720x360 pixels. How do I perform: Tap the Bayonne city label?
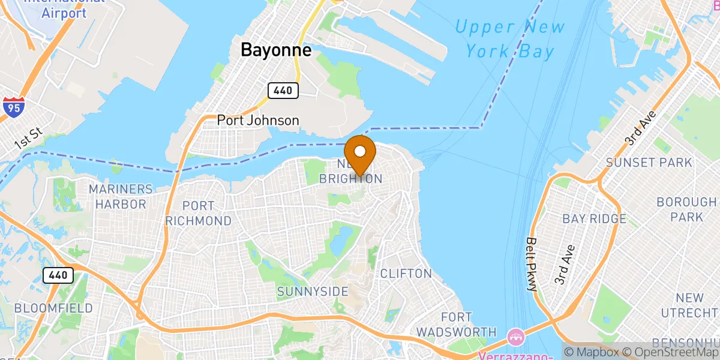point(276,50)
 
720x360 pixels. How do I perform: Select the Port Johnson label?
point(258,121)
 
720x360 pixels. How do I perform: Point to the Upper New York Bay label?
point(509,39)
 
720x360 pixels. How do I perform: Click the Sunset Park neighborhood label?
point(649,163)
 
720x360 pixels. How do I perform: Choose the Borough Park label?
point(688,209)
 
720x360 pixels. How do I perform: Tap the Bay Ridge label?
point(594,219)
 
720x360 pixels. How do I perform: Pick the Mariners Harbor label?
point(121,196)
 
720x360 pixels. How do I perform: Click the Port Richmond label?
point(198,213)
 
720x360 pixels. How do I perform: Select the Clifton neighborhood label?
point(406,274)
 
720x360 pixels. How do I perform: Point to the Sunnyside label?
point(313,292)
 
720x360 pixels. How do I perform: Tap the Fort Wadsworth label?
point(457,324)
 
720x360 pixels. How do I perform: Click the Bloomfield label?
point(53,308)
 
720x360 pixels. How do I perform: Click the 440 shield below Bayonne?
point(283,91)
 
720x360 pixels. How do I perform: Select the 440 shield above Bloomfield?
point(58,275)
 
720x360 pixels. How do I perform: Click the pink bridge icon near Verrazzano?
point(515,334)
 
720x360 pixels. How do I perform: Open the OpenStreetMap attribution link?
point(671,352)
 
